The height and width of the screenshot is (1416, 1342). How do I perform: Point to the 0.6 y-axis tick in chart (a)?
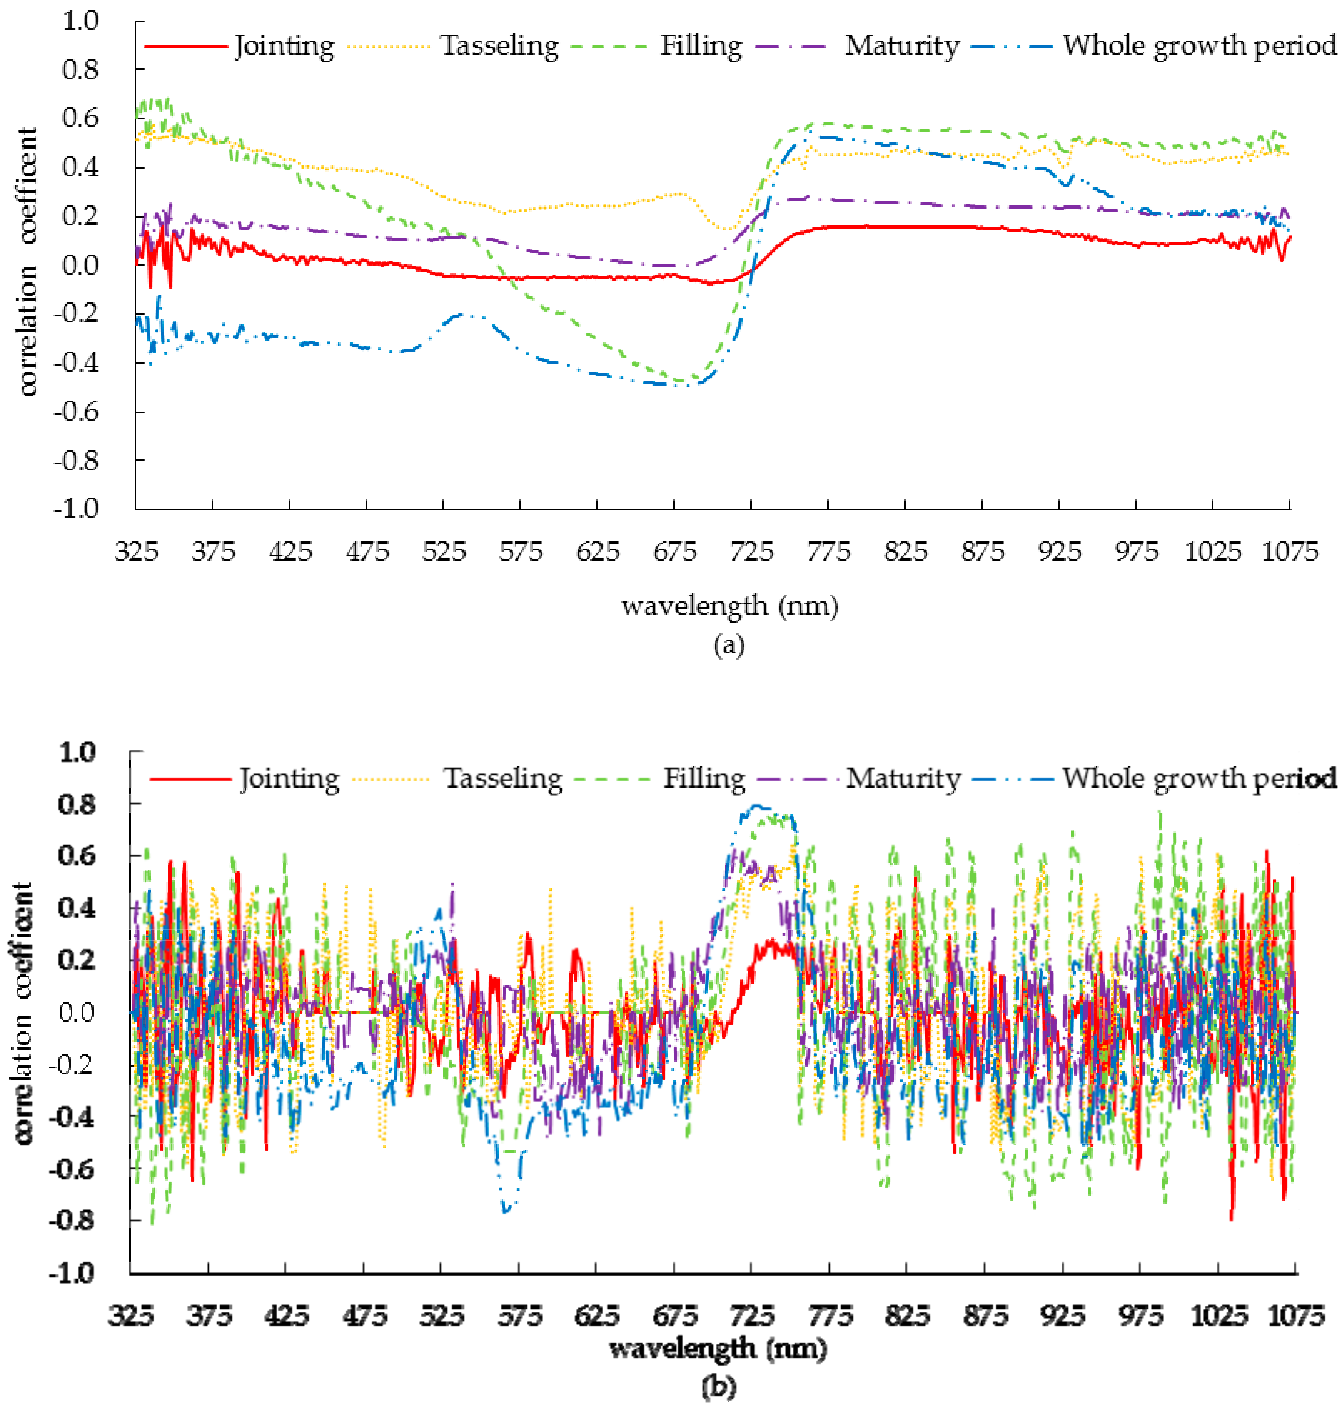point(80,118)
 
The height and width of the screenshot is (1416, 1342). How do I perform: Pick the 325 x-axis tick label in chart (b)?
point(131,1316)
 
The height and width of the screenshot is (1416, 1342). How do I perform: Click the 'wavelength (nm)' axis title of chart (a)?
point(729,606)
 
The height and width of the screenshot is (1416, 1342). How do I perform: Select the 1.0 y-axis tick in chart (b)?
point(77,753)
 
